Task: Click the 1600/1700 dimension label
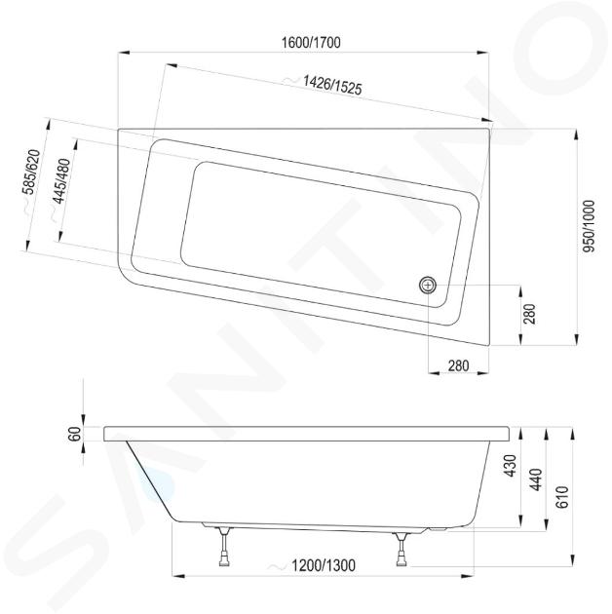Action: click(311, 42)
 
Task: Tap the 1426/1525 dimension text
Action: click(332, 85)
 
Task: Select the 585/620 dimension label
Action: click(31, 172)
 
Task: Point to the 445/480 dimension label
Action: click(61, 181)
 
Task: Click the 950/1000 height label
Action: click(589, 226)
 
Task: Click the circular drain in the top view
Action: click(428, 285)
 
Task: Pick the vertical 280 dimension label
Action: click(529, 314)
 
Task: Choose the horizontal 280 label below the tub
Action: click(458, 365)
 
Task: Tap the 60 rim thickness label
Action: click(74, 434)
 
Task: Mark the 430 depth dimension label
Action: click(511, 466)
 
